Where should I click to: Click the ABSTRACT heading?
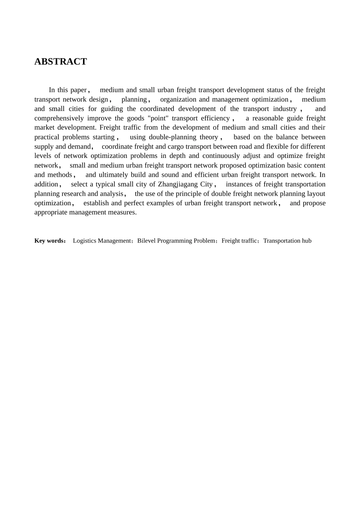pyautogui.click(x=61, y=62)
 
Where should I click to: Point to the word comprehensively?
pyautogui.click(x=59, y=118)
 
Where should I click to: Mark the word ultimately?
pyautogui.click(x=113, y=175)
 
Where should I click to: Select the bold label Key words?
pyautogui.click(x=49, y=241)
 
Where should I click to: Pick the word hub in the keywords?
pyautogui.click(x=307, y=241)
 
